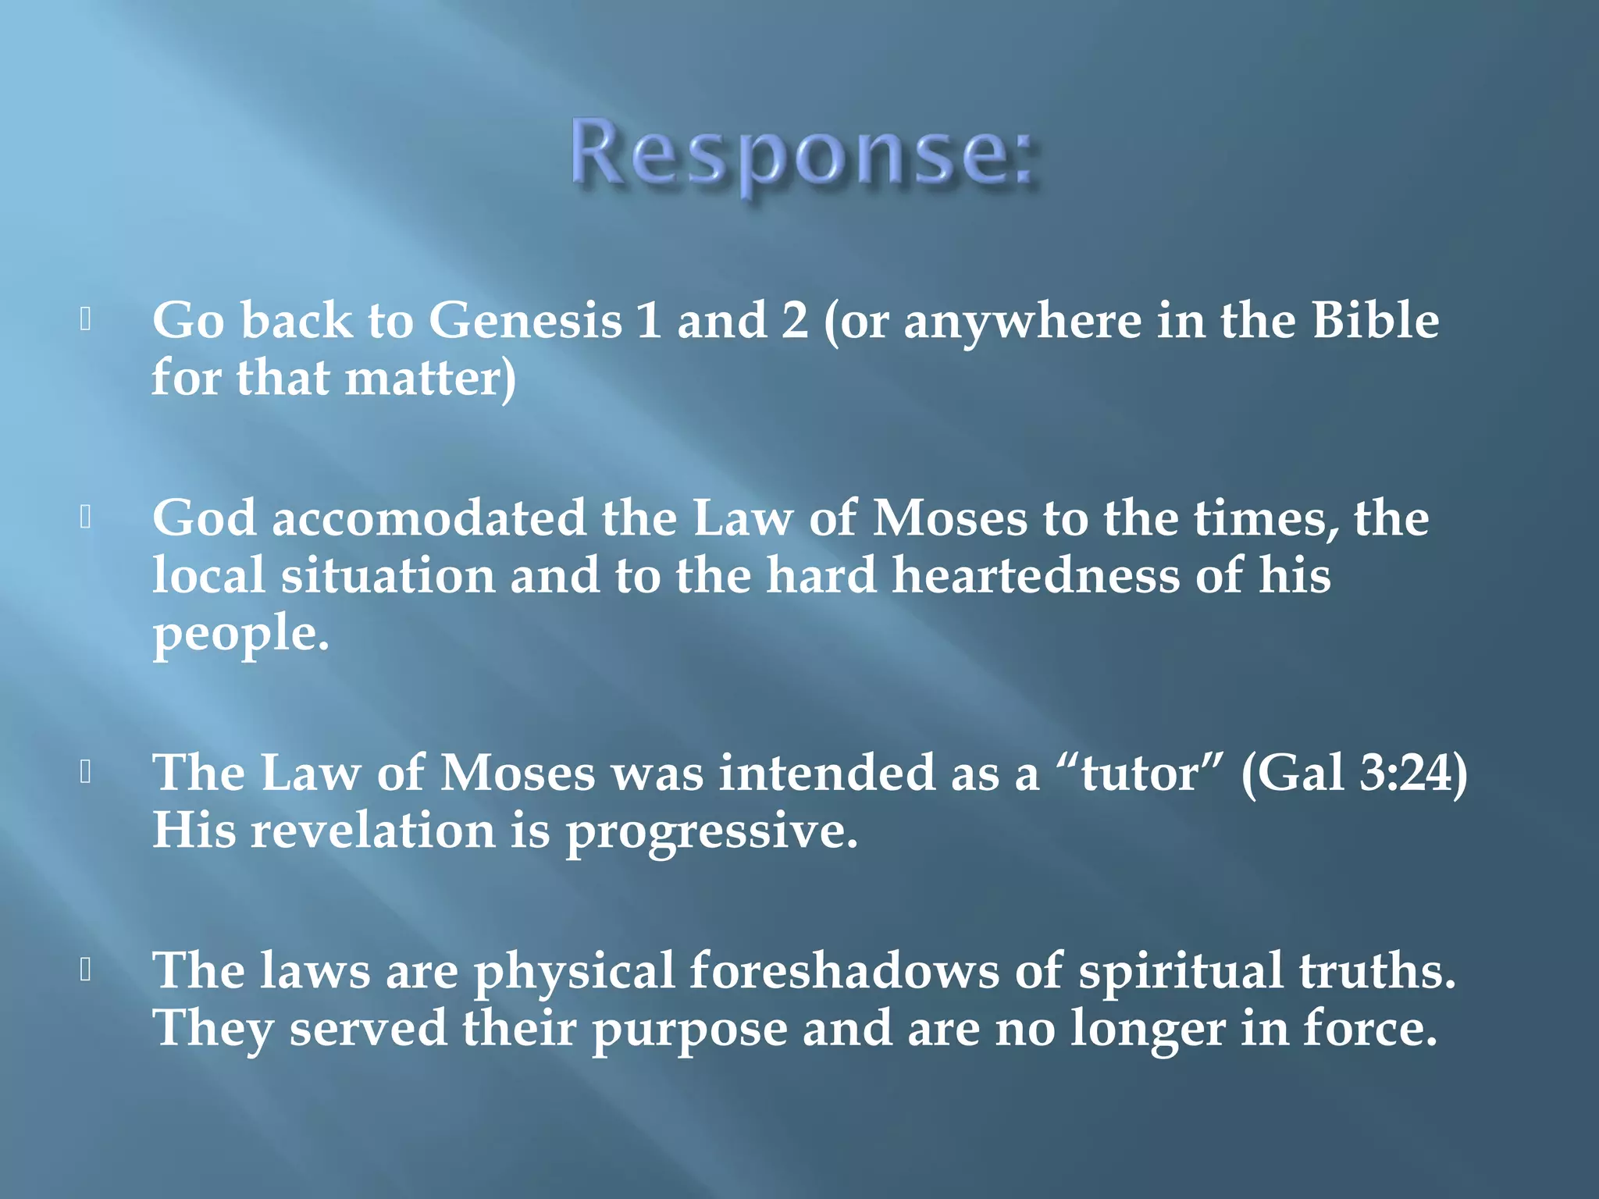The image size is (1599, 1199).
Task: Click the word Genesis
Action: pos(525,321)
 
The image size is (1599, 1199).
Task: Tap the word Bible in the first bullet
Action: pos(1375,321)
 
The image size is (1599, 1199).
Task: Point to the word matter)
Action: pos(430,379)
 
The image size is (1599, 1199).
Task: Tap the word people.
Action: pos(240,634)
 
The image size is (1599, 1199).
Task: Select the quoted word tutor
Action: pos(1139,774)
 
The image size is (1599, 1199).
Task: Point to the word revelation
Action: pos(372,831)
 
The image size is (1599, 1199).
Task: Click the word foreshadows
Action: pos(844,971)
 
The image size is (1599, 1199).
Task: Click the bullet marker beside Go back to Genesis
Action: pos(87,319)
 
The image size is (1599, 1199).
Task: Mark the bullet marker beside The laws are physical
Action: pos(87,970)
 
